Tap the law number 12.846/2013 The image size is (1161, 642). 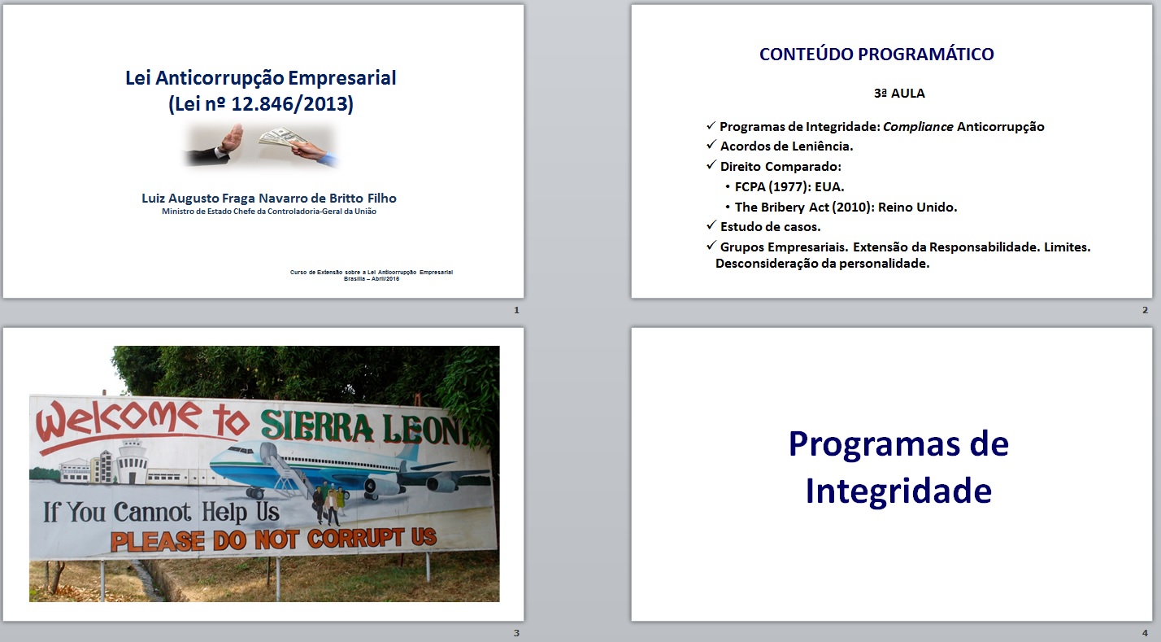click(x=289, y=103)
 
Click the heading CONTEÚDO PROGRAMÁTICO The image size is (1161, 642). click(x=876, y=54)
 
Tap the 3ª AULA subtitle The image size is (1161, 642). click(x=899, y=94)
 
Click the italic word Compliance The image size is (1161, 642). click(x=918, y=127)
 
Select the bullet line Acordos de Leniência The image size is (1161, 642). click(x=786, y=146)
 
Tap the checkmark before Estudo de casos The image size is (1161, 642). click(x=711, y=225)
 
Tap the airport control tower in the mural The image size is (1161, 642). click(x=128, y=461)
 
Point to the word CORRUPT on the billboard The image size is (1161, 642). click(x=355, y=539)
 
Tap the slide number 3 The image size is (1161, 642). click(x=516, y=633)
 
